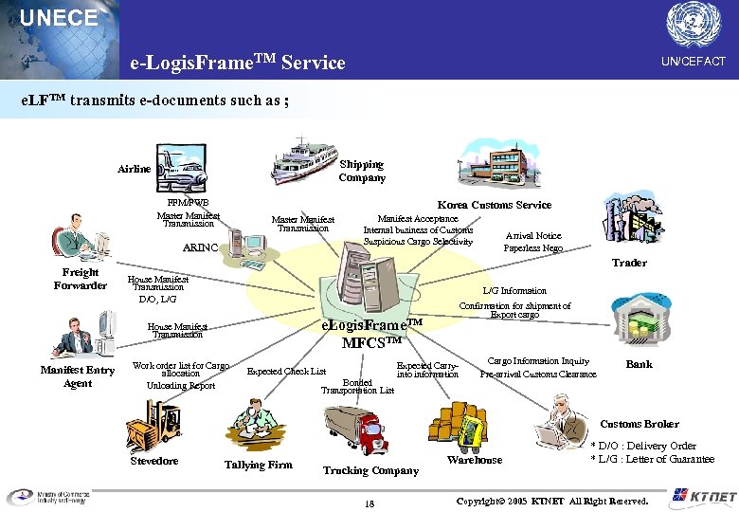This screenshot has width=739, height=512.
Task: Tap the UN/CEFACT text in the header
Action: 693,61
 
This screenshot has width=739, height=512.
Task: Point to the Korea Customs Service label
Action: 494,205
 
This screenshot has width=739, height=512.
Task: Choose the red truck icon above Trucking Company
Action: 357,428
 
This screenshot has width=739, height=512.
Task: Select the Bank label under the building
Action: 639,364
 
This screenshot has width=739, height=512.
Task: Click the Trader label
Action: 629,263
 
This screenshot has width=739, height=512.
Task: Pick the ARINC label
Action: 200,247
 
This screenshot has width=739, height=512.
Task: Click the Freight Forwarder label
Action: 81,279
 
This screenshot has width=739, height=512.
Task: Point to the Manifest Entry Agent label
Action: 78,376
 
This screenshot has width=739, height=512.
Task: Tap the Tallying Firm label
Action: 258,465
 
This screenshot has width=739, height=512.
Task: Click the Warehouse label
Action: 475,460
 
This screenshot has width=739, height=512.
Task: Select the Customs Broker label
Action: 640,424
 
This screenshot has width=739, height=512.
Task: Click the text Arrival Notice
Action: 532,236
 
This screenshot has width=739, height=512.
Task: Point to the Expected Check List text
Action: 286,372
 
